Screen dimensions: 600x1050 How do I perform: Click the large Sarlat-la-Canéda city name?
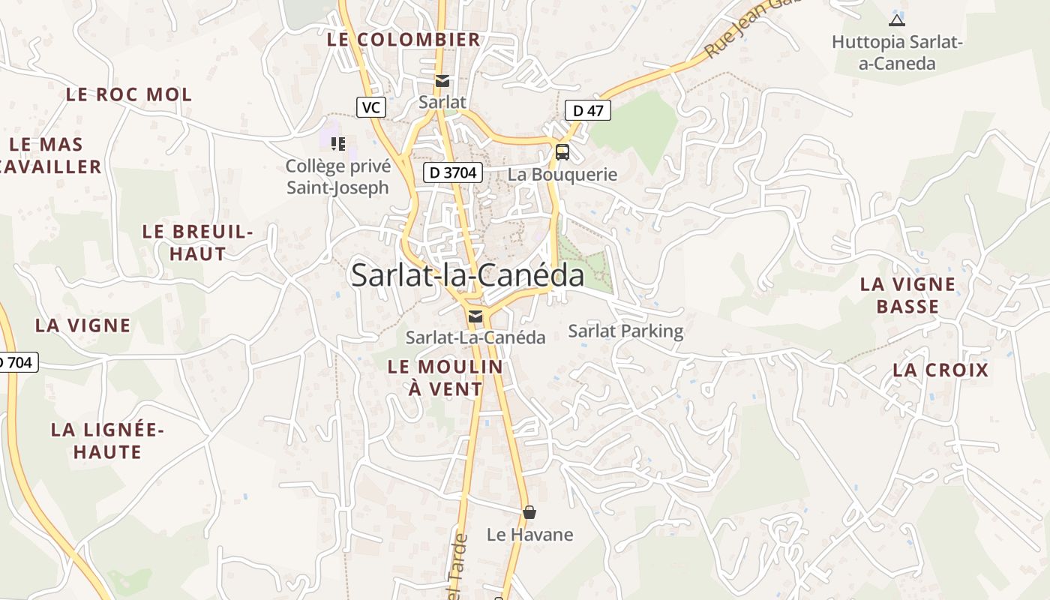[x=467, y=275]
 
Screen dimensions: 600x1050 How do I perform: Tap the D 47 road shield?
[x=588, y=110]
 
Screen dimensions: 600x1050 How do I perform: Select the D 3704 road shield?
[x=452, y=172]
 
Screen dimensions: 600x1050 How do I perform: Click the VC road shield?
[x=370, y=107]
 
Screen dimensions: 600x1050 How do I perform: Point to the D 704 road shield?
[x=16, y=362]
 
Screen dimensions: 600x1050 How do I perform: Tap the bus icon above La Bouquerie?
[x=562, y=152]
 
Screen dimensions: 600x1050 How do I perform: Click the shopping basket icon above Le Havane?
[x=529, y=512]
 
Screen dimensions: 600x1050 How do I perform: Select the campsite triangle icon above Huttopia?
[x=896, y=20]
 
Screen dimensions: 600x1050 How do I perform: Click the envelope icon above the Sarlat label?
[x=442, y=81]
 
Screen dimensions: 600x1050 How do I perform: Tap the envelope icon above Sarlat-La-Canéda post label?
[x=475, y=316]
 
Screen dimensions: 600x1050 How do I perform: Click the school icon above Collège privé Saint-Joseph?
[x=337, y=143]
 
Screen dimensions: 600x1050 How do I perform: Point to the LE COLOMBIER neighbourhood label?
[x=403, y=40]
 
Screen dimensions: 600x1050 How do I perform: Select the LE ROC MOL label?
[x=129, y=94]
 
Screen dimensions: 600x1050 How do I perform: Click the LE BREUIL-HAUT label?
[x=198, y=242]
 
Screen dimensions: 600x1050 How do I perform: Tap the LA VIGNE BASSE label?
[x=907, y=295]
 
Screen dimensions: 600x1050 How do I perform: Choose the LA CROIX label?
[x=940, y=370]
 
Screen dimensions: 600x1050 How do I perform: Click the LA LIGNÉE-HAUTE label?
[x=107, y=441]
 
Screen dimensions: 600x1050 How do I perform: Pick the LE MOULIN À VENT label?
[x=445, y=378]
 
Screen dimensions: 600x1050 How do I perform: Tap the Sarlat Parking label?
[x=625, y=331]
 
